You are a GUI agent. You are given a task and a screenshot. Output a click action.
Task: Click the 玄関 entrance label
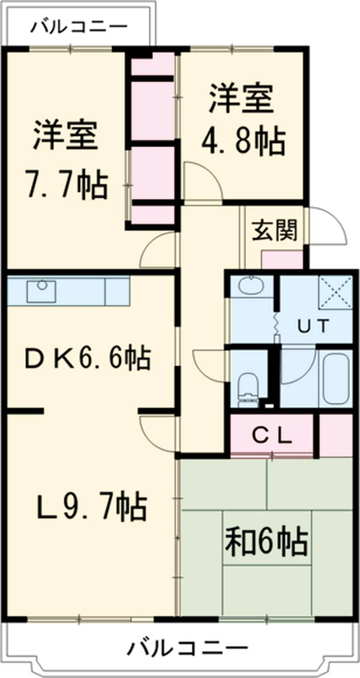[274, 230]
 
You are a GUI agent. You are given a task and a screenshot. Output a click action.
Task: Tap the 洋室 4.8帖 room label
[244, 120]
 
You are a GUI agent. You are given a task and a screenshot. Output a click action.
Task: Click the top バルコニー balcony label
[79, 26]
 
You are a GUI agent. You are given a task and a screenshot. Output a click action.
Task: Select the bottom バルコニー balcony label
[187, 648]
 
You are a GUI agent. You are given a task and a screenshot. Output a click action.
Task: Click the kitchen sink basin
[41, 291]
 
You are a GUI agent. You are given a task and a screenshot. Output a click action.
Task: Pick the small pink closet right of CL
[335, 435]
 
